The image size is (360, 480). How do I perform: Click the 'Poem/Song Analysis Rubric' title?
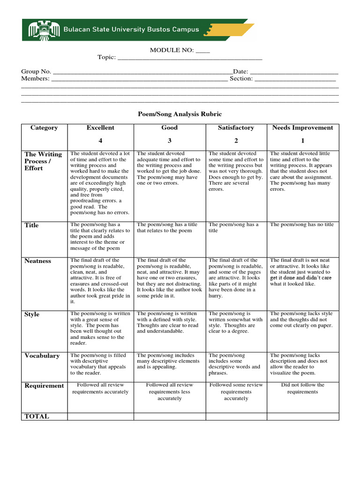click(x=180, y=114)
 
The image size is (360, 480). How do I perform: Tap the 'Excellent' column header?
click(x=100, y=127)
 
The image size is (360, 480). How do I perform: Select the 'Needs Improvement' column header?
click(x=302, y=127)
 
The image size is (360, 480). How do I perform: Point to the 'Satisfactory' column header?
click(x=236, y=127)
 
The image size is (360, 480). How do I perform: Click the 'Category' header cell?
click(x=44, y=127)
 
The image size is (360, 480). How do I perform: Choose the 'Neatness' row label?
click(x=38, y=261)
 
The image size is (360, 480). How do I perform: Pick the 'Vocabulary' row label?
click(x=42, y=356)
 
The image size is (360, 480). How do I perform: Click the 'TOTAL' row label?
click(x=37, y=416)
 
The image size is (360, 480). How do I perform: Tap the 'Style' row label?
click(x=32, y=315)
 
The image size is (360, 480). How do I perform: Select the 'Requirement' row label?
click(x=44, y=386)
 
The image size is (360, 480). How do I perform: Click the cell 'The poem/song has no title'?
click(x=302, y=225)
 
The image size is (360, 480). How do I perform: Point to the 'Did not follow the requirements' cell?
click(x=302, y=388)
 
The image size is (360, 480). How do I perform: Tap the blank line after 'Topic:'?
click(x=189, y=58)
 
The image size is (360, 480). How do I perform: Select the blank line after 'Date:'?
click(x=294, y=72)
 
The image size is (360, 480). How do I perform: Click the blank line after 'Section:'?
click(x=295, y=79)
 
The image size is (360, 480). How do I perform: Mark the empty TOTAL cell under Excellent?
click(x=100, y=416)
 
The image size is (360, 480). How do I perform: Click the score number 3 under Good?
click(x=170, y=141)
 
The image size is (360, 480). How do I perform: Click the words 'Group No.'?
click(x=36, y=72)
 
